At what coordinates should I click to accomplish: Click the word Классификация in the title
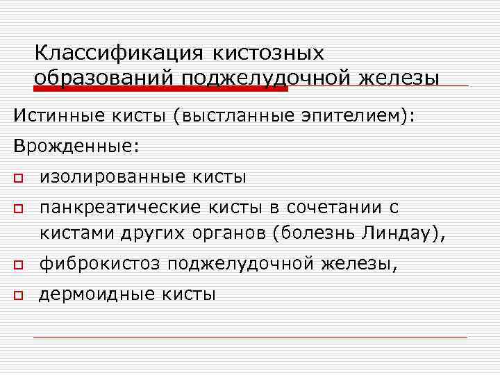(118, 53)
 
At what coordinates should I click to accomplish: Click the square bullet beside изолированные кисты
(17, 178)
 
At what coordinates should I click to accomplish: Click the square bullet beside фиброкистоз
(17, 265)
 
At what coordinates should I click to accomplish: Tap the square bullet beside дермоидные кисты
(17, 295)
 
